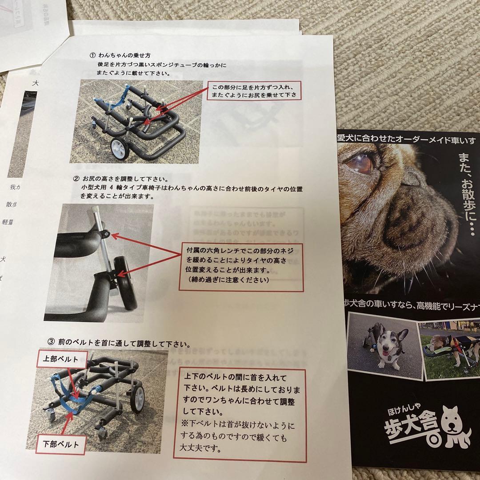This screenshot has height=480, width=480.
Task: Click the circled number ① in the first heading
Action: [93, 56]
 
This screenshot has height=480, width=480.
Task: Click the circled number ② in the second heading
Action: [76, 179]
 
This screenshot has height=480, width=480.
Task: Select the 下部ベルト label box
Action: [61, 444]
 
